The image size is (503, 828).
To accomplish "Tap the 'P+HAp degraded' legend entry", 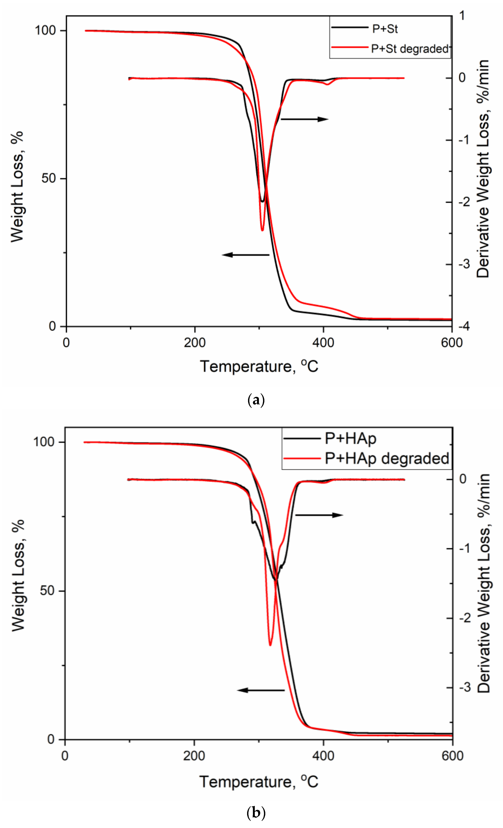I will pos(387,459).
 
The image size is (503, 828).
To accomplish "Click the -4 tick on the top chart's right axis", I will pos(463,326).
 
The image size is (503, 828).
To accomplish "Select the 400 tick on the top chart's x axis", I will pos(323,343).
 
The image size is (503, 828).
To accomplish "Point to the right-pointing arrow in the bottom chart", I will pos(319,515).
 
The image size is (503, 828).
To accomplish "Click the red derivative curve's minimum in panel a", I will pos(262,230).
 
